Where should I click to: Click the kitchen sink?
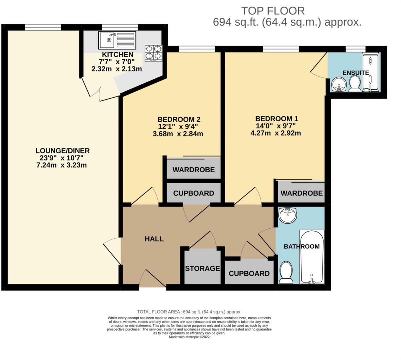pos(117,40)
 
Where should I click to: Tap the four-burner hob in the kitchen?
pos(153,53)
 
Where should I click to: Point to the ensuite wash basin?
pos(339,84)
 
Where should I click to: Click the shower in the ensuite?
pos(370,72)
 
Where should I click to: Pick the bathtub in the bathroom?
pos(312,257)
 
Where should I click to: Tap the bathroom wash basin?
pos(287,215)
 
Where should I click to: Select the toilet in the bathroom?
pos(286,272)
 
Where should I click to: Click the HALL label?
pos(154,239)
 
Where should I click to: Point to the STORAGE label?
pos(202,268)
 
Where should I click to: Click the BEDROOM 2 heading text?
pos(179,119)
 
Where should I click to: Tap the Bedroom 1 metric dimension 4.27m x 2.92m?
pos(276,133)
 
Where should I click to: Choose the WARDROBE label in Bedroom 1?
pos(301,193)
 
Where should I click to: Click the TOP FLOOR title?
pos(273,11)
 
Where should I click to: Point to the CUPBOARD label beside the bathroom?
pos(249,274)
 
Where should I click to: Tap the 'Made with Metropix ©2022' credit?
pos(189,337)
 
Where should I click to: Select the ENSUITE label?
pos(356,73)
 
